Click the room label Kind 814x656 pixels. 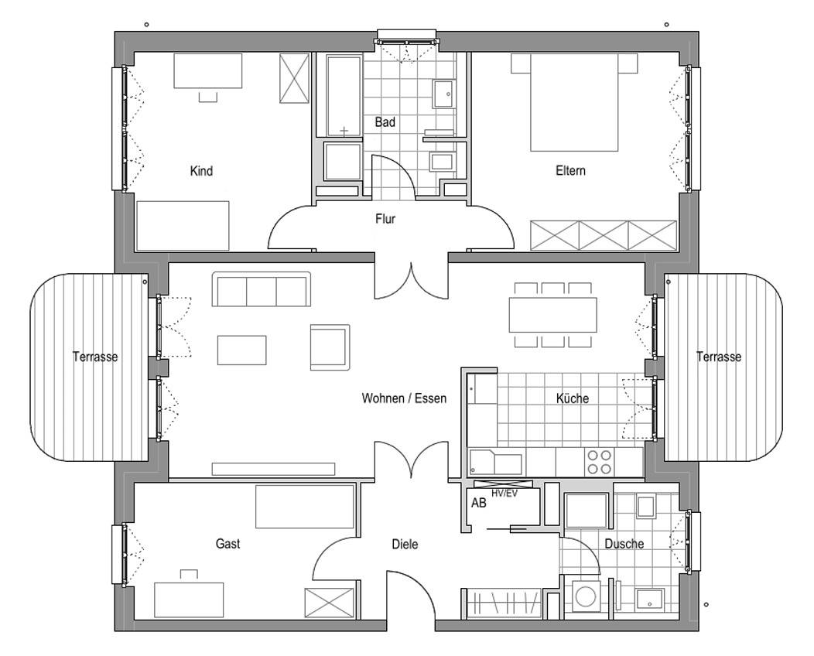click(x=201, y=171)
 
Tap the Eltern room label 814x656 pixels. click(x=570, y=171)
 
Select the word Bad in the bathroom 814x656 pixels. click(x=385, y=122)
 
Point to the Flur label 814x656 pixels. click(x=385, y=218)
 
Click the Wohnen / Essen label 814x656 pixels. click(x=404, y=398)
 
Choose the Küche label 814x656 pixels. click(x=573, y=398)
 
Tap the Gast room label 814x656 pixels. click(x=228, y=543)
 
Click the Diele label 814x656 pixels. click(x=405, y=545)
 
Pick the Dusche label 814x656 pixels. click(x=624, y=544)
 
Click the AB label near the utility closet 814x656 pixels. click(x=479, y=503)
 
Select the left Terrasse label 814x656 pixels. click(x=95, y=357)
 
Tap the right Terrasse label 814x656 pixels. click(x=719, y=357)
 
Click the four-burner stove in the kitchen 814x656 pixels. click(x=599, y=462)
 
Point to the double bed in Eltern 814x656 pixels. click(x=573, y=102)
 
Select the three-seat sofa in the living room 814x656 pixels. click(x=262, y=289)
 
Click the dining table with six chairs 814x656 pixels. click(x=553, y=315)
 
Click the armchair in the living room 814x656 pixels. click(x=330, y=347)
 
